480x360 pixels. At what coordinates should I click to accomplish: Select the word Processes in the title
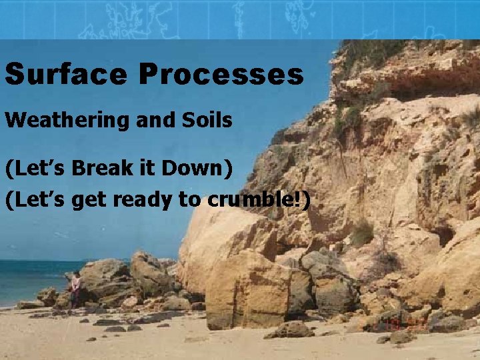tap(221, 74)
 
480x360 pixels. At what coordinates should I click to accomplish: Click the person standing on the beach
tap(76, 289)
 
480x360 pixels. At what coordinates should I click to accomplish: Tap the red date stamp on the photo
tap(400, 323)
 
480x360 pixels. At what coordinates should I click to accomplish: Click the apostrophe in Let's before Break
tap(47, 162)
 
